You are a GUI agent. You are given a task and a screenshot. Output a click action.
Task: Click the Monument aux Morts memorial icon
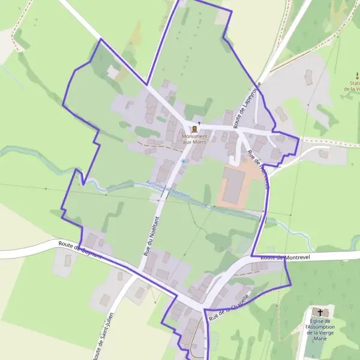pos(194,128)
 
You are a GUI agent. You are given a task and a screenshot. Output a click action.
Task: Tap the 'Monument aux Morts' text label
pos(194,139)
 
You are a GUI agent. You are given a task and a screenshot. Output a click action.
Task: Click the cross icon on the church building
pos(320,312)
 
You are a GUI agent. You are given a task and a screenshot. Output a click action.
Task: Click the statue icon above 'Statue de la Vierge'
pos(357,76)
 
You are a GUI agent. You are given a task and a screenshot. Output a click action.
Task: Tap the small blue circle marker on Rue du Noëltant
pos(183,161)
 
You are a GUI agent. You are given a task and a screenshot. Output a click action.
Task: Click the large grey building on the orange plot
pos(233,185)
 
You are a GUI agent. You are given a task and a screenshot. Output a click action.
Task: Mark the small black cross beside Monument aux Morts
pos(199,123)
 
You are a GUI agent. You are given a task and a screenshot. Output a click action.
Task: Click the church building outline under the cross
pos(320,317)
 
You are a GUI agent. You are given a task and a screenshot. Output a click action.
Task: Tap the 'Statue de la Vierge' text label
pos(353,86)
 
